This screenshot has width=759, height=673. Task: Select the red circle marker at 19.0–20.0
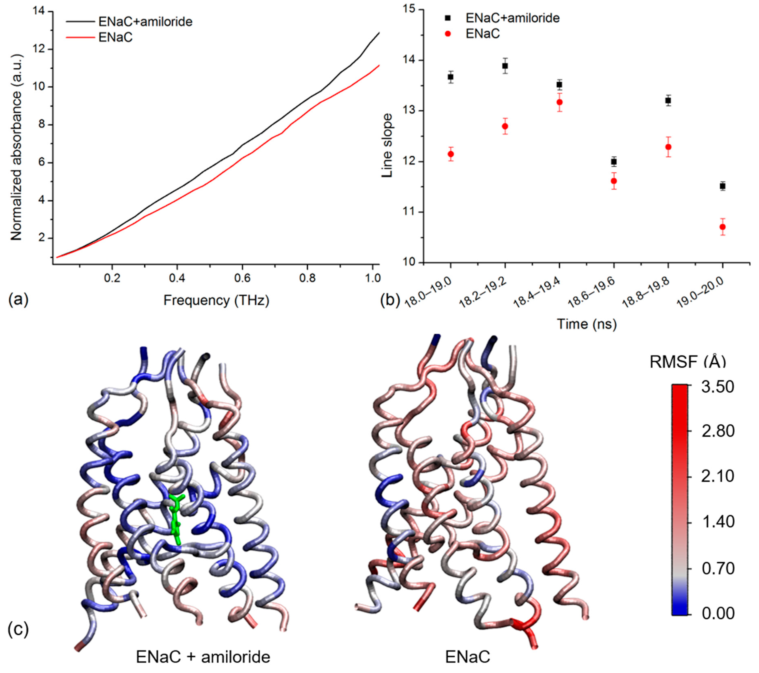pos(723,227)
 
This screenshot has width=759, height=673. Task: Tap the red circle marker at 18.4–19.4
pos(560,102)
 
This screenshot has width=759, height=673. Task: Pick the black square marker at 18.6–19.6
pos(614,162)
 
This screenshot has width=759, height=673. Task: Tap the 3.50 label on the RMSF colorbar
pos(717,387)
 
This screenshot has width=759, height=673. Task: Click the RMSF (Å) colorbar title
pos(688,362)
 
